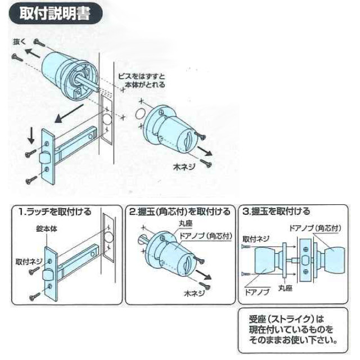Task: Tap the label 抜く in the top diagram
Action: tap(19, 42)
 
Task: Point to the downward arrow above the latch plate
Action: tap(31, 136)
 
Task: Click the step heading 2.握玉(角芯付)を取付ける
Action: tap(179, 212)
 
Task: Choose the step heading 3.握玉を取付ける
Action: tap(276, 212)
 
